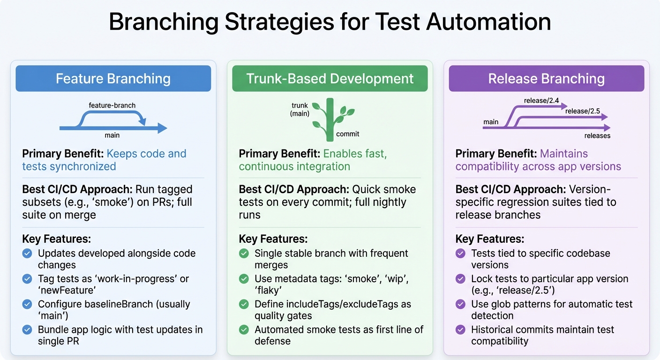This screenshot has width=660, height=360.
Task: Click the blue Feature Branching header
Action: click(113, 78)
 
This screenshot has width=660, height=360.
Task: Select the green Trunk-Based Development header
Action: click(330, 78)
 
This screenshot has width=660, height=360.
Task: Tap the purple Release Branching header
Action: click(547, 78)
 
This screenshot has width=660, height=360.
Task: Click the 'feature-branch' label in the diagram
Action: click(112, 105)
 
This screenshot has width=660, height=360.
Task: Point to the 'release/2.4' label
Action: click(541, 100)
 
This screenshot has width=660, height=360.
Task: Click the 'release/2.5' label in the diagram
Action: click(583, 111)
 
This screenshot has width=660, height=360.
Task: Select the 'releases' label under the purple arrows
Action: click(597, 136)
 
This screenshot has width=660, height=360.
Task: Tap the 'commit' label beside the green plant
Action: click(348, 134)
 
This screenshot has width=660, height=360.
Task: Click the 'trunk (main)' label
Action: click(300, 110)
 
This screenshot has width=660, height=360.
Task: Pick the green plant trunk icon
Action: click(330, 120)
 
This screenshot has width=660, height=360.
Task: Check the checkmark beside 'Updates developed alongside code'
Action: click(28, 254)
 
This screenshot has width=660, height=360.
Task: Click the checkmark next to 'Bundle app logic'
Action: click(28, 330)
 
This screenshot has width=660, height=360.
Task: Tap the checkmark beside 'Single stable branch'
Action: click(244, 254)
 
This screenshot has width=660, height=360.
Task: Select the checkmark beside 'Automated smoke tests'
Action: click(244, 330)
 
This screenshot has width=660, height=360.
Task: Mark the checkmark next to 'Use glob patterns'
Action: click(461, 304)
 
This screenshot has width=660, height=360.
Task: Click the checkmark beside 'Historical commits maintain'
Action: click(461, 330)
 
